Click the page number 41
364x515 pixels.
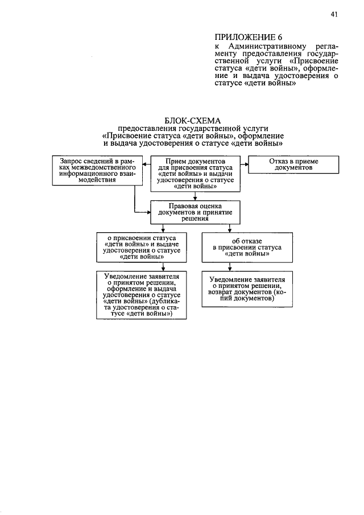click(x=334, y=15)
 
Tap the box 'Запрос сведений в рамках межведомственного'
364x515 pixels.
click(x=93, y=170)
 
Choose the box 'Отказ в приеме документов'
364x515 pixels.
click(x=293, y=164)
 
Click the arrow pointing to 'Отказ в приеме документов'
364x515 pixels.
click(x=245, y=164)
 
